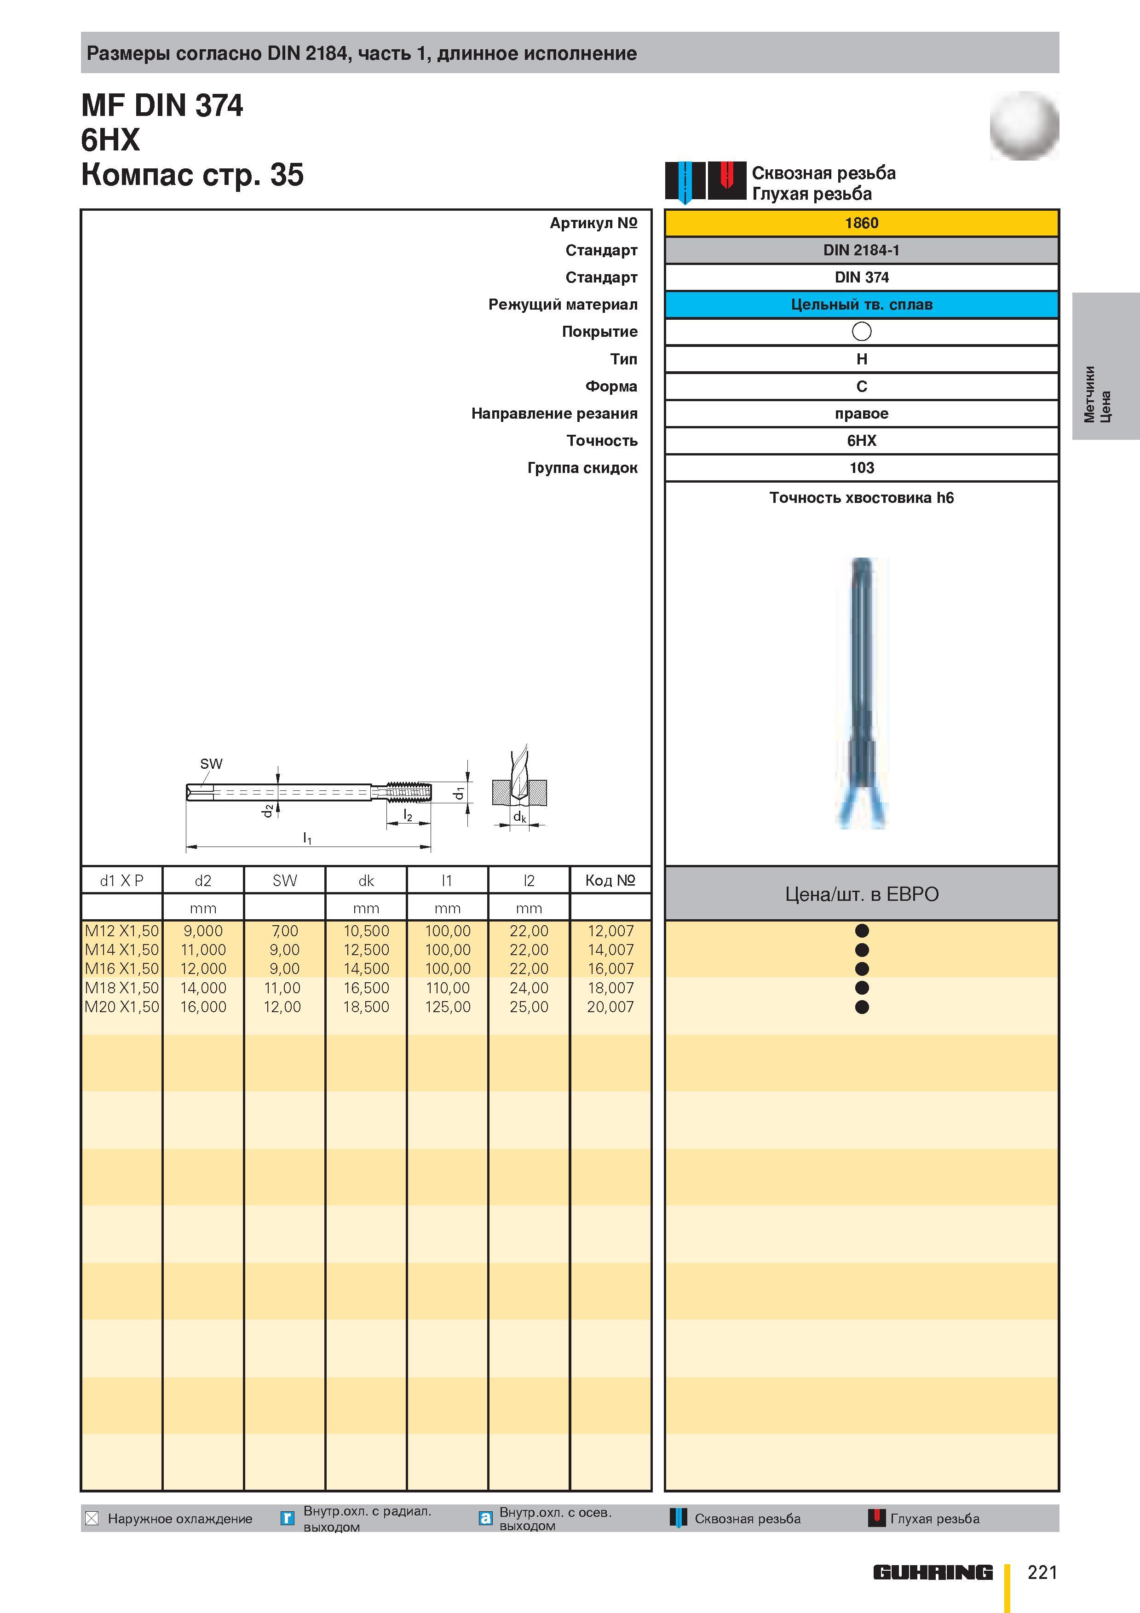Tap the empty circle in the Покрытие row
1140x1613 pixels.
point(861,332)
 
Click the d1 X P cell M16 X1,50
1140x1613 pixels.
point(121,969)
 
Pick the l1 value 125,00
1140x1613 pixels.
point(448,1007)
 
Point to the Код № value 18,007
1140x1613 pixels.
point(610,988)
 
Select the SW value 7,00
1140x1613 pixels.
point(284,931)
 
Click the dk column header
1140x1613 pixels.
point(366,880)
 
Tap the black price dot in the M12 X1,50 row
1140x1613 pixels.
point(862,931)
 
